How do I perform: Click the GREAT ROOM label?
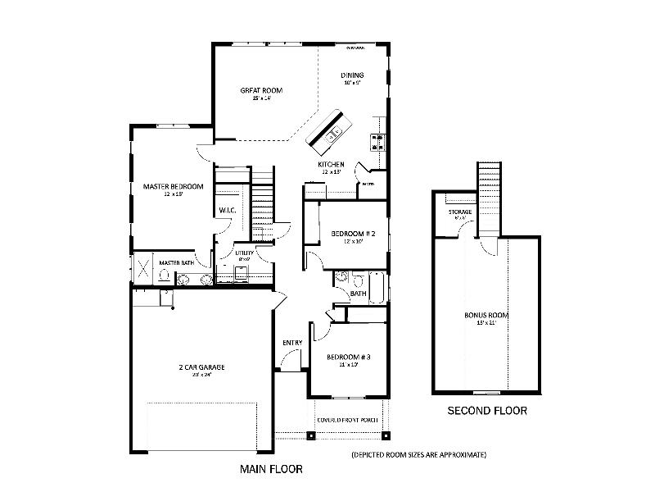point(261,90)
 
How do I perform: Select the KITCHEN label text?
point(332,165)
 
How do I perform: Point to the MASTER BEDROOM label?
point(167,186)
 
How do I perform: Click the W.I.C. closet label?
point(228,211)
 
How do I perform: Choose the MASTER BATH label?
point(176,262)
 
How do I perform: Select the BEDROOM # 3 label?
point(349,357)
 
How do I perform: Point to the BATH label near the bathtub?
point(358,293)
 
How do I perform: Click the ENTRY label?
point(292,342)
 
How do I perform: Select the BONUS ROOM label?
point(486,315)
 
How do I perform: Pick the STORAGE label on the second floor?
point(459,212)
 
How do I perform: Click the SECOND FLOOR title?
point(486,411)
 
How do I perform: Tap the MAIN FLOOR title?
point(271,470)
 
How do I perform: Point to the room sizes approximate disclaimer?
point(419,453)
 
